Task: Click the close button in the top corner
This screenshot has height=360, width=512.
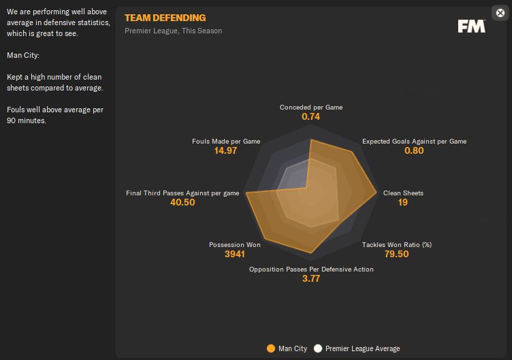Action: click(500, 12)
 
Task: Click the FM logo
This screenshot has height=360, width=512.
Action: click(471, 26)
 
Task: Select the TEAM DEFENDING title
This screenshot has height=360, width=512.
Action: click(165, 18)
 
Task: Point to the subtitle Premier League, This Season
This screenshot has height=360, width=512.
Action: click(173, 31)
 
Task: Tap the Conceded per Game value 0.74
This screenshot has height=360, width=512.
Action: click(311, 116)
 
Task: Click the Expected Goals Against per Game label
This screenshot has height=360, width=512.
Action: click(414, 141)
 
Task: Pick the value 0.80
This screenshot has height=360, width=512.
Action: click(414, 150)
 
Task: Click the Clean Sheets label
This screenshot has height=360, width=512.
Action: click(403, 193)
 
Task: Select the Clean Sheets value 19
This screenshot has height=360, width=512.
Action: click(403, 203)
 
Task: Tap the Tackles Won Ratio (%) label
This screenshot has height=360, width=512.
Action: click(397, 244)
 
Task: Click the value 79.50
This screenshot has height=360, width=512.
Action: click(397, 254)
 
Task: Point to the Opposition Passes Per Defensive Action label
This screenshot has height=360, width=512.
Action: click(311, 269)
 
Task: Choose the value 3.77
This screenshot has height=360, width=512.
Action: click(311, 279)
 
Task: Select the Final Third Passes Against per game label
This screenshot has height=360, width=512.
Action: click(182, 193)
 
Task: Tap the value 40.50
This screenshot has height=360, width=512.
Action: click(182, 203)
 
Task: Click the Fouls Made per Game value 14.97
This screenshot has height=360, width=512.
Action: click(225, 150)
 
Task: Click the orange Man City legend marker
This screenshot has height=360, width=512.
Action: click(271, 348)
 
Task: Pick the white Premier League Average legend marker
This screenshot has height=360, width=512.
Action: click(317, 348)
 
